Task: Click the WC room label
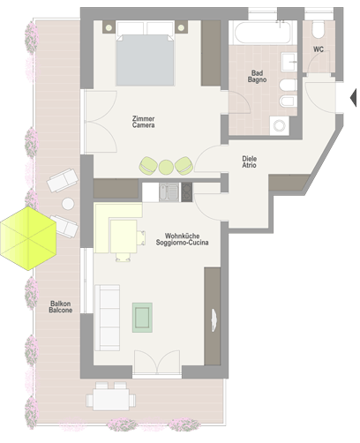(x=319, y=49)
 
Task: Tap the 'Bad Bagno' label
(x=257, y=76)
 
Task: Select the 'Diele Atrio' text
(x=249, y=161)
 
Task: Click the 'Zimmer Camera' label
(x=143, y=122)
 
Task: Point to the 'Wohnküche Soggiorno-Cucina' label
(x=182, y=239)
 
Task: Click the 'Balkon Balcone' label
(x=61, y=307)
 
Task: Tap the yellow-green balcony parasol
(x=28, y=238)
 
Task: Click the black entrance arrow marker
(x=353, y=97)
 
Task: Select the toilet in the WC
(x=319, y=29)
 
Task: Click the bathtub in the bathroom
(x=263, y=32)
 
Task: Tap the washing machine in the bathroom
(x=280, y=125)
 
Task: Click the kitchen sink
(x=169, y=192)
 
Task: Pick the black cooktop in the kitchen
(x=187, y=192)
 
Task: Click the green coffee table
(x=142, y=318)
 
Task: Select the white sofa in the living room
(x=107, y=318)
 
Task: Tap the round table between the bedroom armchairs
(x=166, y=167)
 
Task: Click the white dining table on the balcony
(x=111, y=400)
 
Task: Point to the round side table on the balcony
(x=68, y=204)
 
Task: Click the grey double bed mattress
(x=145, y=60)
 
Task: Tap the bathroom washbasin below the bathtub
(x=289, y=62)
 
